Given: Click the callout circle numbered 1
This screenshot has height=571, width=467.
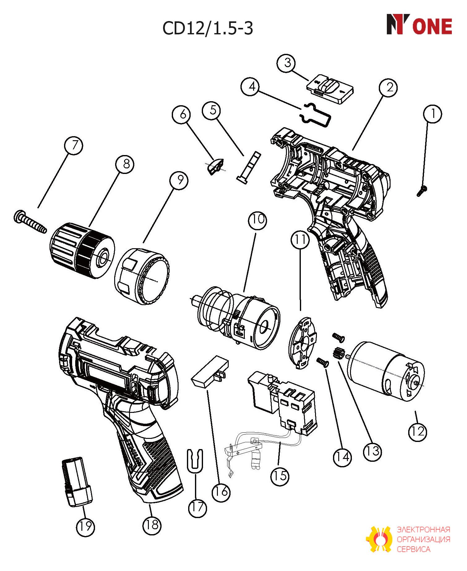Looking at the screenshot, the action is [433, 114].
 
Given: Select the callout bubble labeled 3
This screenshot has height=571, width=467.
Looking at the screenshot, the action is [288, 63].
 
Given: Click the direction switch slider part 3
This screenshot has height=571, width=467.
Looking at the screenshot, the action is [330, 89].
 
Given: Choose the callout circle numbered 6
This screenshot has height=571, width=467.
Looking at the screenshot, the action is [183, 114].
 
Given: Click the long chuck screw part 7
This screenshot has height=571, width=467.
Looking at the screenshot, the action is [30, 222].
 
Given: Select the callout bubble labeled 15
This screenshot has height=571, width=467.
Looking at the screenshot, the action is [280, 476].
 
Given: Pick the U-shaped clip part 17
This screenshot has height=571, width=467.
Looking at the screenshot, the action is [195, 462].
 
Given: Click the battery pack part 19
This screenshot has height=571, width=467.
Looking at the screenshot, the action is [77, 482].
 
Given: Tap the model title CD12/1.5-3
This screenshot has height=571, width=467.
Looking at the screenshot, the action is [208, 28].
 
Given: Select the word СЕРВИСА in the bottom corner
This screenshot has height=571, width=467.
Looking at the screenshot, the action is [413, 549].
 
